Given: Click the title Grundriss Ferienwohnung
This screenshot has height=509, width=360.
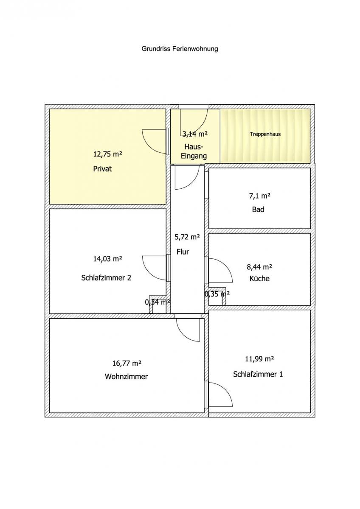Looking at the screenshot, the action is coord(180,49).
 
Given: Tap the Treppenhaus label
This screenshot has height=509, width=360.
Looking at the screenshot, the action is coord(265,134).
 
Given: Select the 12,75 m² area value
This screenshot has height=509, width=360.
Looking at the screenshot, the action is coord(107,154).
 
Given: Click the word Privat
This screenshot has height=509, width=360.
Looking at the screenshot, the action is coord(102,169).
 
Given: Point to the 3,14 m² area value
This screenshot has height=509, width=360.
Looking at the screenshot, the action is coord(195,134).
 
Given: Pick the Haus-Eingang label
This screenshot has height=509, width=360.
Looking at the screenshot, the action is coord(194,151).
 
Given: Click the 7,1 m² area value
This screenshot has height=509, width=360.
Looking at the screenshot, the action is coord(260,196).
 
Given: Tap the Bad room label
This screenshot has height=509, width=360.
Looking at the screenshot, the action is coord(258,209).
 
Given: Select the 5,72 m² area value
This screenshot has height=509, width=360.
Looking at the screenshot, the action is coord(187,237).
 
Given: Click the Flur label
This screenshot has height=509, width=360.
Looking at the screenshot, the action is coord(183,252).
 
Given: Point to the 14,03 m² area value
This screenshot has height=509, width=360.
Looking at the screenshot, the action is coord(107,259).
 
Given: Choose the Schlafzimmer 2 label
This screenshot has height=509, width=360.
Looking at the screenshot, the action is coord(106,278).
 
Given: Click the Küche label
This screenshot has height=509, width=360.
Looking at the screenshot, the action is coord(259,279).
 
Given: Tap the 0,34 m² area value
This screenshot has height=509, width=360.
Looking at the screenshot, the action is coord(157,302).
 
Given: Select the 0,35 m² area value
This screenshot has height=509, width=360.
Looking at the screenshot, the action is coord(217,294).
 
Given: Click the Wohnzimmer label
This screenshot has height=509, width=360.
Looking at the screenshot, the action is coord(126,377).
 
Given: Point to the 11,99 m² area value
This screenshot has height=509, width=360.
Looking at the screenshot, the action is coord(259,359).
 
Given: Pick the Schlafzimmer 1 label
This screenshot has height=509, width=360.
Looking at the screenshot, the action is coord(258,374).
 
